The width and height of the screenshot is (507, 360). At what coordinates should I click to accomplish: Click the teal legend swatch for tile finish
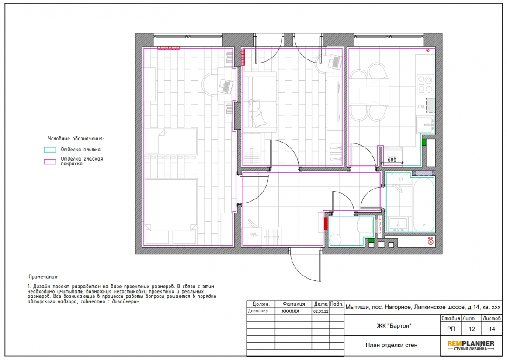pos(50,150)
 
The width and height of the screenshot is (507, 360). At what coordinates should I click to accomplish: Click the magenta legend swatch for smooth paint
pos(50,161)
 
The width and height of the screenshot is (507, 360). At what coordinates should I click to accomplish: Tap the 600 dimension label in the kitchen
pos(392,160)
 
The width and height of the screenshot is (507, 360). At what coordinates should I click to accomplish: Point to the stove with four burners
pos(425,84)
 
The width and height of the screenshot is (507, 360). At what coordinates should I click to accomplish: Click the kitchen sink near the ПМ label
pos(425,125)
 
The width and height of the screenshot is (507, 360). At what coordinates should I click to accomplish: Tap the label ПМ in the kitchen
pos(420,106)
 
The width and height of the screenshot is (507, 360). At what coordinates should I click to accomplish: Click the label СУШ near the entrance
pos(254,234)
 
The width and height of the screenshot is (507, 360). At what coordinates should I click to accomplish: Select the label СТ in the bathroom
pos(401,179)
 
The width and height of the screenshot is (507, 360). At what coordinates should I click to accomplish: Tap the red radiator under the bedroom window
pos(168,48)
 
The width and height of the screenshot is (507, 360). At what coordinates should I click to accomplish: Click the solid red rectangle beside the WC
pos(326,224)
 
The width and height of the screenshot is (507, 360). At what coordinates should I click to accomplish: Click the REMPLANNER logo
pos(471,345)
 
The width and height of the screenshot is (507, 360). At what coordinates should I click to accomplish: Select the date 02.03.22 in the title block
pos(321,311)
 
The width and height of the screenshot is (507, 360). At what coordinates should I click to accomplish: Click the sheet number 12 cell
pos(472,329)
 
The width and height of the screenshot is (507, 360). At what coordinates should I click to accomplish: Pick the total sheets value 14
pos(492,329)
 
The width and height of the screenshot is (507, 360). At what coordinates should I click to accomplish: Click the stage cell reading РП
pos(451,329)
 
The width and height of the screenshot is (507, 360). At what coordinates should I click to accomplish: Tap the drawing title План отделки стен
pos(391,345)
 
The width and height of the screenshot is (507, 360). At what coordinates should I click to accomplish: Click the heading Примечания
pos(43,277)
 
